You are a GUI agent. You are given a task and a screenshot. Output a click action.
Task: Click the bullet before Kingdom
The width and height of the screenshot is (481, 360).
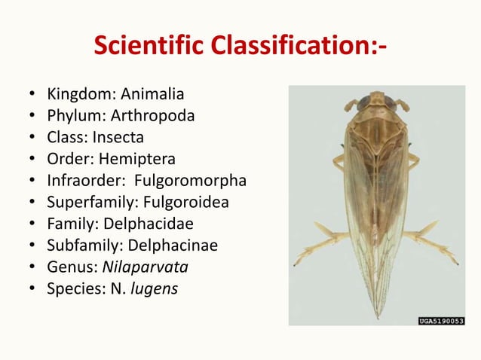[x=32, y=96]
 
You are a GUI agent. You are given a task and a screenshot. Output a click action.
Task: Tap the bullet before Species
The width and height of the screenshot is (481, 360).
[x=32, y=289]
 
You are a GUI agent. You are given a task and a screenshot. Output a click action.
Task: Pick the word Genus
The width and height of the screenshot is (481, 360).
[x=68, y=267]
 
